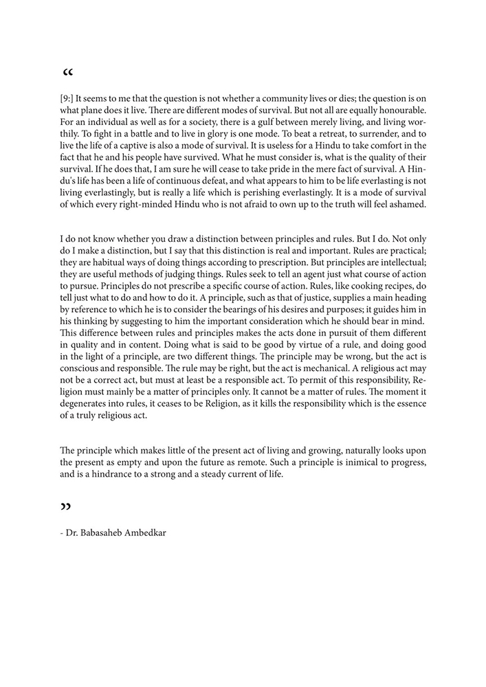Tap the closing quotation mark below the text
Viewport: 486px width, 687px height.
click(x=67, y=508)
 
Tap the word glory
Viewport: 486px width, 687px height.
click(x=232, y=134)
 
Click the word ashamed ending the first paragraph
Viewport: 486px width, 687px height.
click(x=407, y=204)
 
